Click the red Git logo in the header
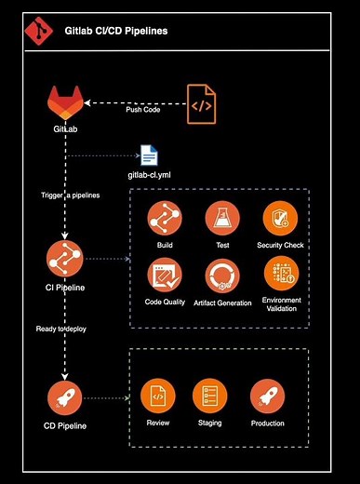pyautogui.click(x=38, y=32)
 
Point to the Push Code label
pyautogui.click(x=142, y=109)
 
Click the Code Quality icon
pyautogui.click(x=165, y=276)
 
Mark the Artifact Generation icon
pyautogui.click(x=221, y=276)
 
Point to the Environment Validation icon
pyautogui.click(x=280, y=274)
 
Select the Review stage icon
pyautogui.click(x=157, y=397)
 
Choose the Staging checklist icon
pyautogui.click(x=210, y=397)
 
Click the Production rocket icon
pyautogui.click(x=267, y=397)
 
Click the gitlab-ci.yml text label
pyautogui.click(x=150, y=174)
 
